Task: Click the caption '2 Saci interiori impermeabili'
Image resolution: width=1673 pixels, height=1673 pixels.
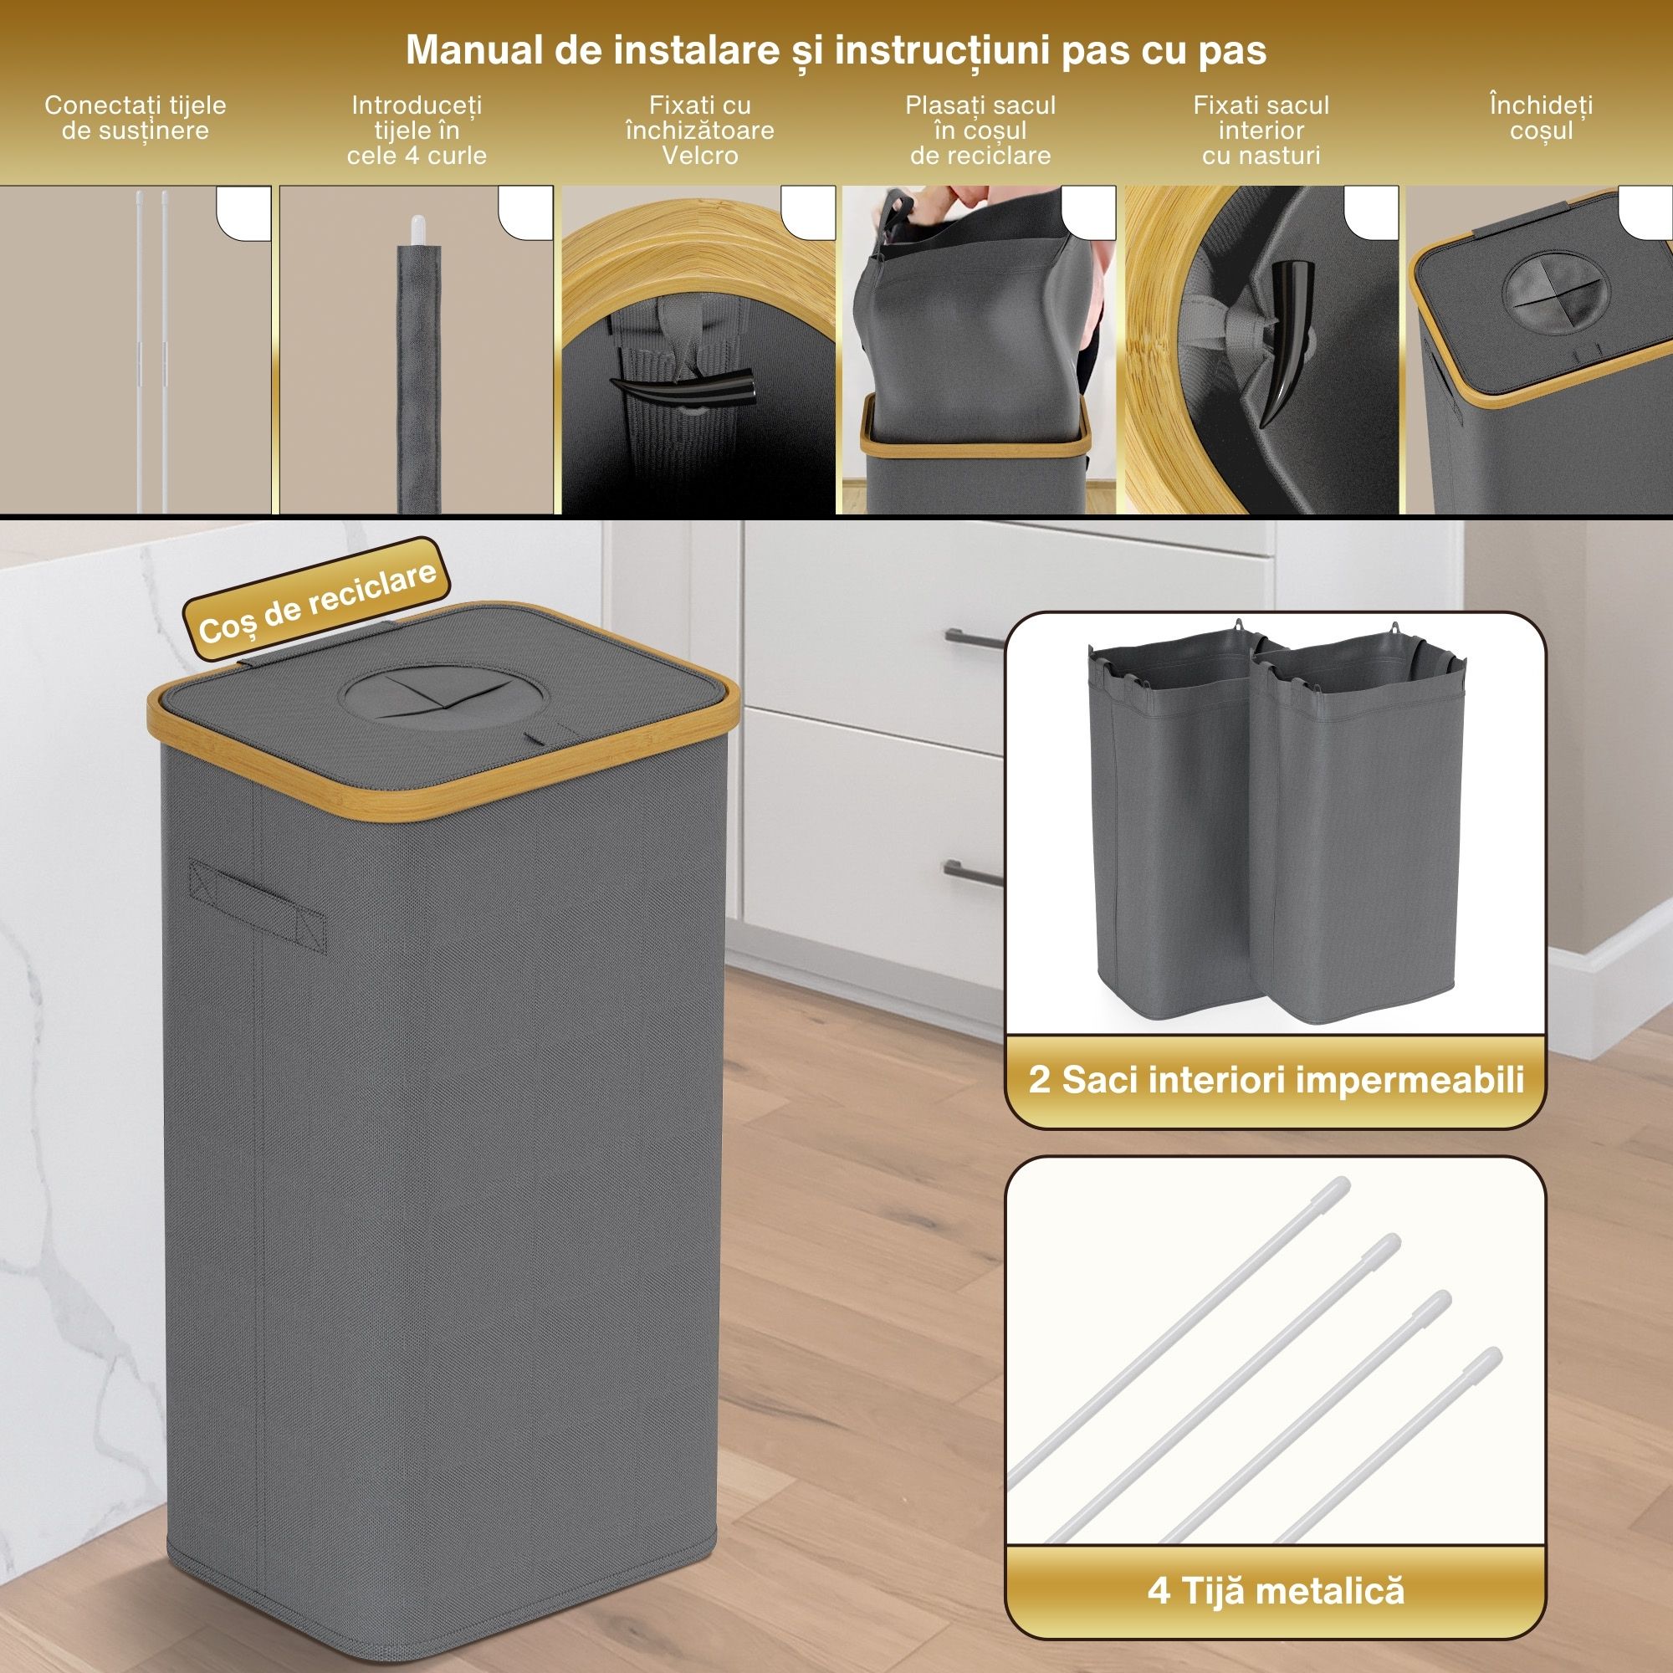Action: [x=1276, y=1080]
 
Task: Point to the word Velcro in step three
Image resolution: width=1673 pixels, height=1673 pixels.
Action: [x=699, y=156]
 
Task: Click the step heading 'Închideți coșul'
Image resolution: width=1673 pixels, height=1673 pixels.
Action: [x=1542, y=118]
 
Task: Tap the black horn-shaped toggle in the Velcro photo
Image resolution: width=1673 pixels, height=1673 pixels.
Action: [x=683, y=386]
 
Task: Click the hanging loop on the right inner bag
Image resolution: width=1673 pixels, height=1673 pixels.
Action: [x=1395, y=629]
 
